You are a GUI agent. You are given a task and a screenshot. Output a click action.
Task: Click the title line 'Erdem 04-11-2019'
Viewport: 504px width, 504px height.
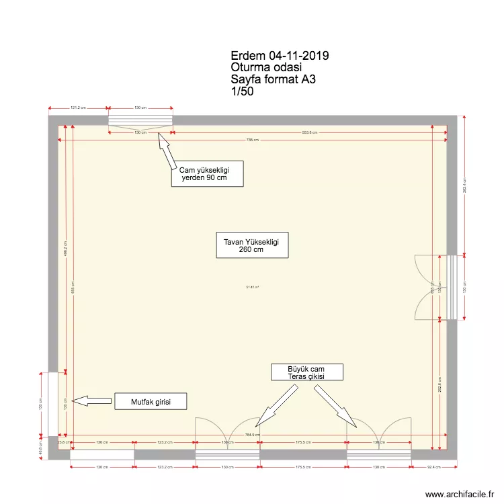pos(279,56)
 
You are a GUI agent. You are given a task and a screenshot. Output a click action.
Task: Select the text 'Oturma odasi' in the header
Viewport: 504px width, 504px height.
pos(266,68)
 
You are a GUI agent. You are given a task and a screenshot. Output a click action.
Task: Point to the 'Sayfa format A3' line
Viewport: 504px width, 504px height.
pos(273,80)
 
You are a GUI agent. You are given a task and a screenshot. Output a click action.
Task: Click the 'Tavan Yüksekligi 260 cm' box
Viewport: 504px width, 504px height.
pos(252,245)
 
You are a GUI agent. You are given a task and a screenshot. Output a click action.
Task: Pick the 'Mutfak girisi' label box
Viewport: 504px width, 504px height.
pos(149,402)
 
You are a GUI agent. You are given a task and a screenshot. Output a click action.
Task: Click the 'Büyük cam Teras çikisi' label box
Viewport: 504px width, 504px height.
pos(307,372)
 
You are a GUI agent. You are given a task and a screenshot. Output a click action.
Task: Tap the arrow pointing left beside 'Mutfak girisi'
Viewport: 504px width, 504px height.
pos(91,401)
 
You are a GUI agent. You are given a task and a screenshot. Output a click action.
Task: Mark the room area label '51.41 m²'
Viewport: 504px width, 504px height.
pos(253,287)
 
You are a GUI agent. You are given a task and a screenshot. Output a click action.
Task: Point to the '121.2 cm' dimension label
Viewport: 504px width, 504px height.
pos(79,108)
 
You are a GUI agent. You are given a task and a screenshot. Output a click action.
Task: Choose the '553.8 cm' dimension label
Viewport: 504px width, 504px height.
pos(309,132)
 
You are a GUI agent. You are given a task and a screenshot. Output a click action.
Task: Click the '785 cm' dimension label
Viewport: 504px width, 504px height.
pos(253,140)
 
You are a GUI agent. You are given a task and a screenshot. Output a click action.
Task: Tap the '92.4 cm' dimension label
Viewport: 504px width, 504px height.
pos(433,466)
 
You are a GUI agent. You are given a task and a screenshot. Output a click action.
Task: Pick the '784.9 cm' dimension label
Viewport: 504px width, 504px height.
pos(253,435)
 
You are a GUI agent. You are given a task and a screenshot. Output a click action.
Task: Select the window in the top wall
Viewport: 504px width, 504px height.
pos(140,120)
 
